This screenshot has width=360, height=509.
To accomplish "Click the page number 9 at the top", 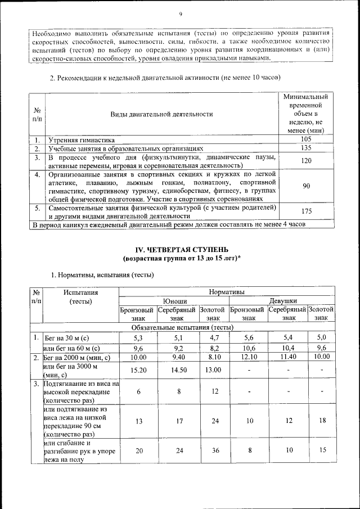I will coord(180,15).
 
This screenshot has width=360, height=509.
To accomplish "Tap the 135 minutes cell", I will coord(306,148).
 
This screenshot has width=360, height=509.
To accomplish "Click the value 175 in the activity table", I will coord(306,211).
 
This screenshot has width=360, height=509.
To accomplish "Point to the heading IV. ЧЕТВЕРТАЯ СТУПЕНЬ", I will coord(181,249).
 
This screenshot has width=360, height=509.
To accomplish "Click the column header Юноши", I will coord(175,301).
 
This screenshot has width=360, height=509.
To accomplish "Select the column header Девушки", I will coord(283,301).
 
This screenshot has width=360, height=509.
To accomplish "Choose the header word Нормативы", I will coord(227,292).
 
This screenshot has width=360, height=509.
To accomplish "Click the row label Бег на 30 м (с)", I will coord(67,339).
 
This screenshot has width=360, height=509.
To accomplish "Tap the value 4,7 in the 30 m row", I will coord(213,338).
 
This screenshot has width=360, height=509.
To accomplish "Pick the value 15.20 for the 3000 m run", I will coord(138,370).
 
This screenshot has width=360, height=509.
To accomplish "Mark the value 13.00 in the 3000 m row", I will coord(213,370).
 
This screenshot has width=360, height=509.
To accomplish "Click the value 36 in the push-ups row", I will coord(213,451).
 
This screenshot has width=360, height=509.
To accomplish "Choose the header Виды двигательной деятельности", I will coord(161,114).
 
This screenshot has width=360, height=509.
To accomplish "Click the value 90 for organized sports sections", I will coord(306,186).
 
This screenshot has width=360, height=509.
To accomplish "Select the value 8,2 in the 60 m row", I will coord(213,349).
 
